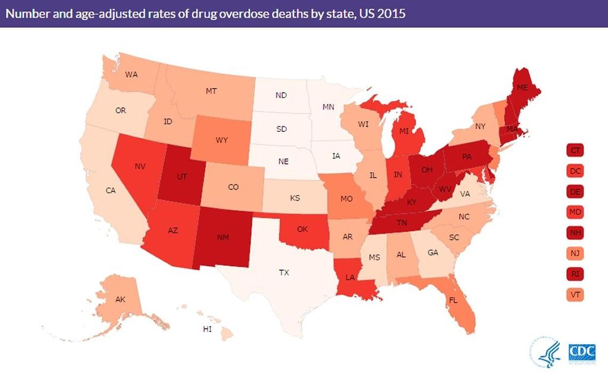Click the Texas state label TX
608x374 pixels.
click(x=284, y=272)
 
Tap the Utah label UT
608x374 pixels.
click(x=182, y=176)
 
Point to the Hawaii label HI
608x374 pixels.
click(x=207, y=329)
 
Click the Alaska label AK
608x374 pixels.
click(x=120, y=299)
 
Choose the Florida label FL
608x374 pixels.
click(x=453, y=300)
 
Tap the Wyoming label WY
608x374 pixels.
click(x=222, y=140)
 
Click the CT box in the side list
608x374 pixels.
click(x=575, y=150)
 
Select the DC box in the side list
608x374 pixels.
click(x=575, y=171)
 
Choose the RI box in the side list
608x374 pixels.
click(x=575, y=274)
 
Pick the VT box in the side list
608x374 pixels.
click(x=575, y=295)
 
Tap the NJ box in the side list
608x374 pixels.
click(x=575, y=253)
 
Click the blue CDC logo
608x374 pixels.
click(x=582, y=353)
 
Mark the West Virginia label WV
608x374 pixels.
click(x=446, y=189)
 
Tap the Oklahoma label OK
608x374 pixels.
click(x=302, y=229)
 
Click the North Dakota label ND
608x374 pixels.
click(x=281, y=95)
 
